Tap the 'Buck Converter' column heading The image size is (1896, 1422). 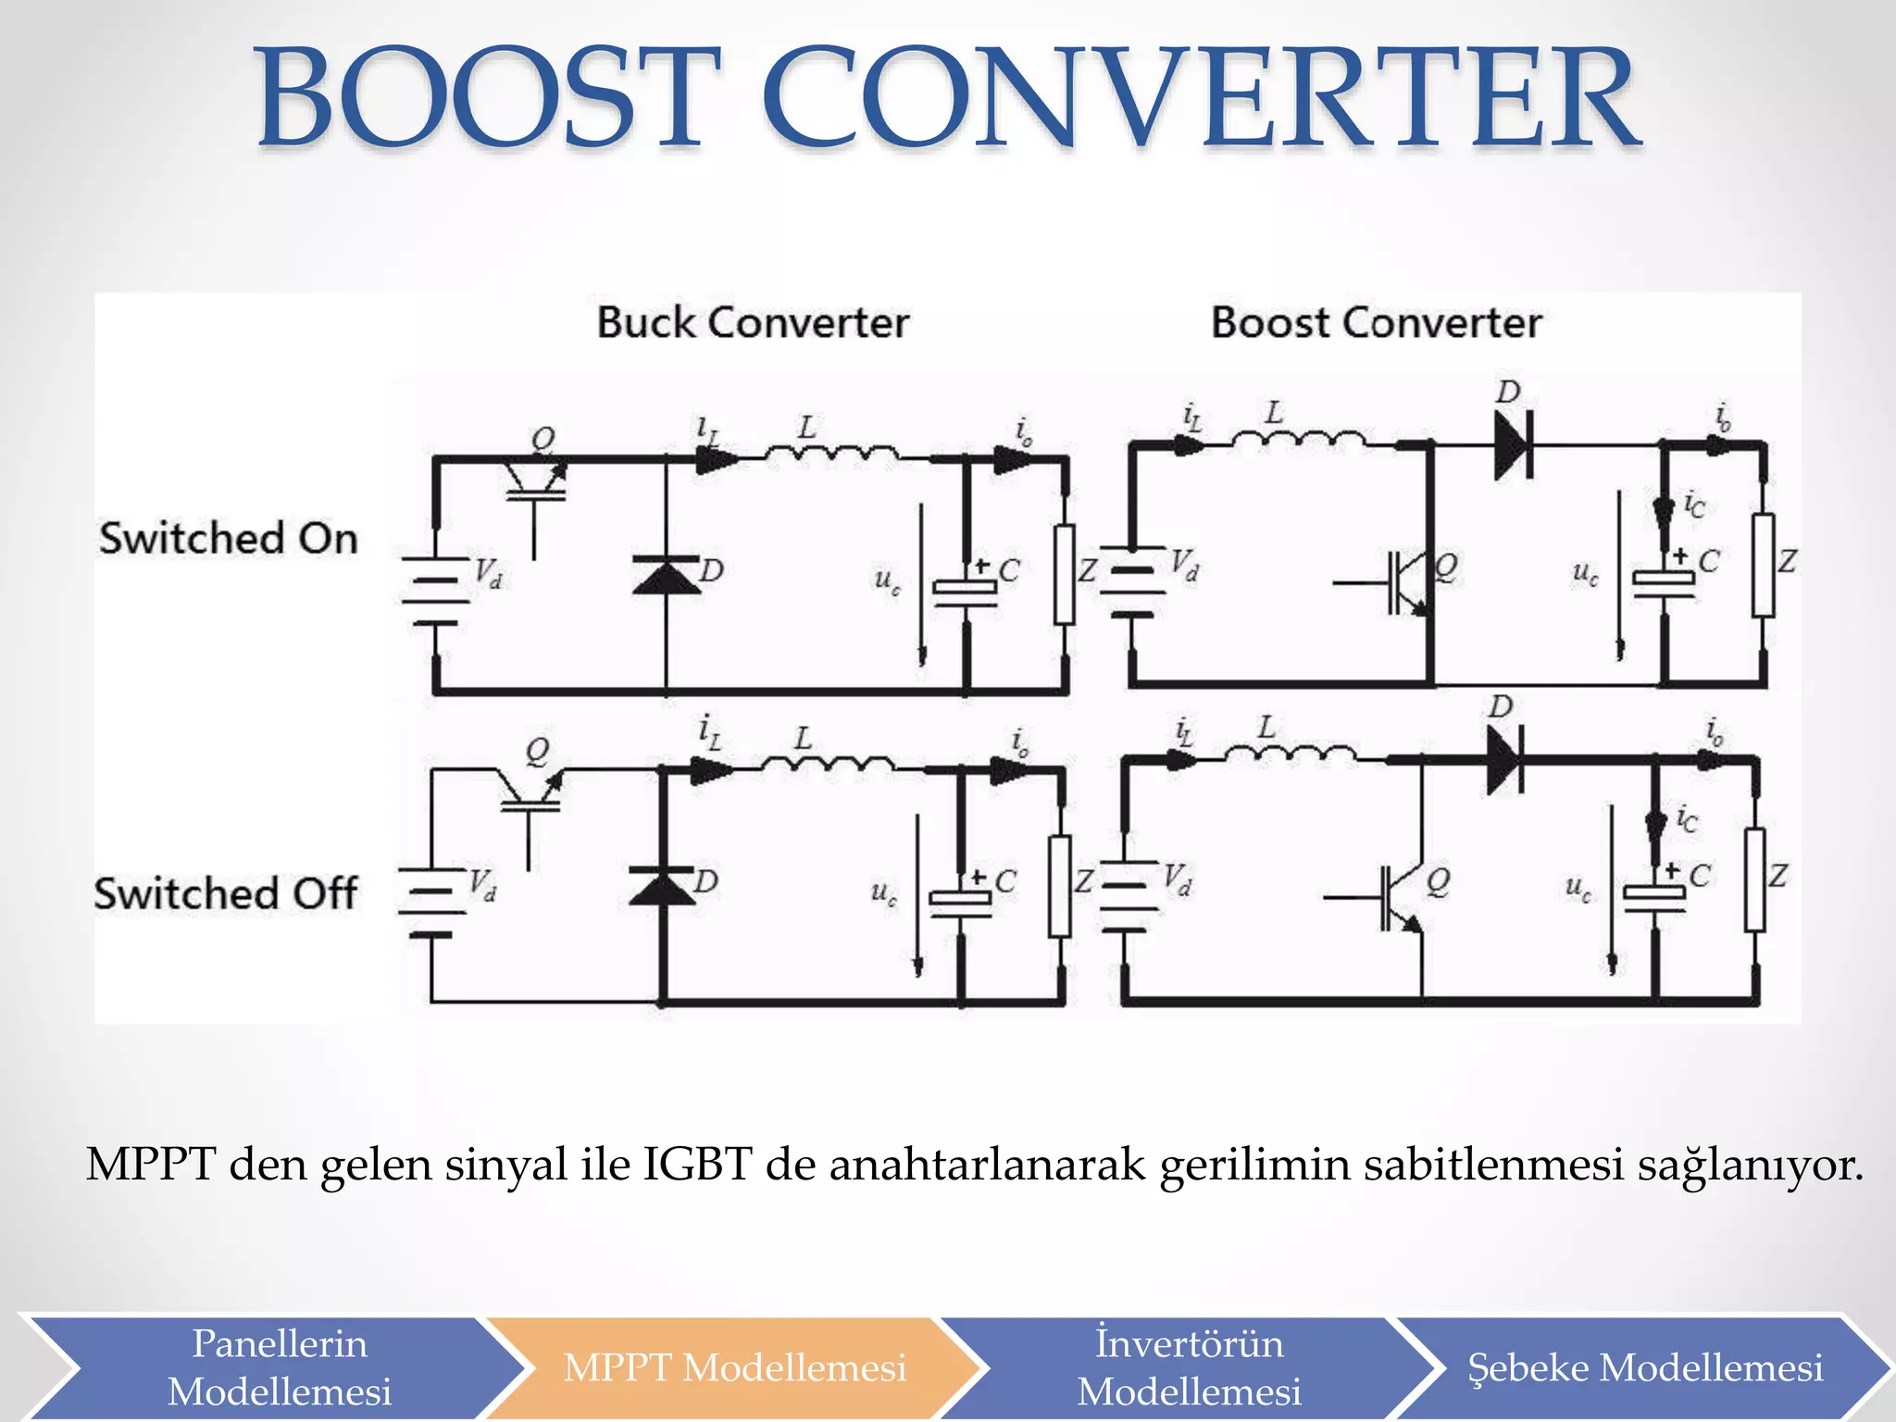point(753,322)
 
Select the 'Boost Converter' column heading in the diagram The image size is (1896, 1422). point(1376,322)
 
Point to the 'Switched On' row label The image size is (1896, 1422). point(229,538)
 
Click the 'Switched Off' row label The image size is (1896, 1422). point(225,893)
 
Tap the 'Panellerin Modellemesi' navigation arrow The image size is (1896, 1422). point(279,1367)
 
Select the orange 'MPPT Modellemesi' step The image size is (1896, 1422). point(734,1367)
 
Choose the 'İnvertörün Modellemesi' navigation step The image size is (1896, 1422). point(1190,1367)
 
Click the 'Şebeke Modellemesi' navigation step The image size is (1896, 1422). point(1645,1367)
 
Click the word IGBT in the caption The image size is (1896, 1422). point(696,1164)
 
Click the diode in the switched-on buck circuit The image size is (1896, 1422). point(666,574)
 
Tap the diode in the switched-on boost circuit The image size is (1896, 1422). point(1514,445)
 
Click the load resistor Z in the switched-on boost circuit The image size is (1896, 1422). point(1763,565)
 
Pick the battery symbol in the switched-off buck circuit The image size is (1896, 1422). point(431,902)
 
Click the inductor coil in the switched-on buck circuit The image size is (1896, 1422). point(830,453)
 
